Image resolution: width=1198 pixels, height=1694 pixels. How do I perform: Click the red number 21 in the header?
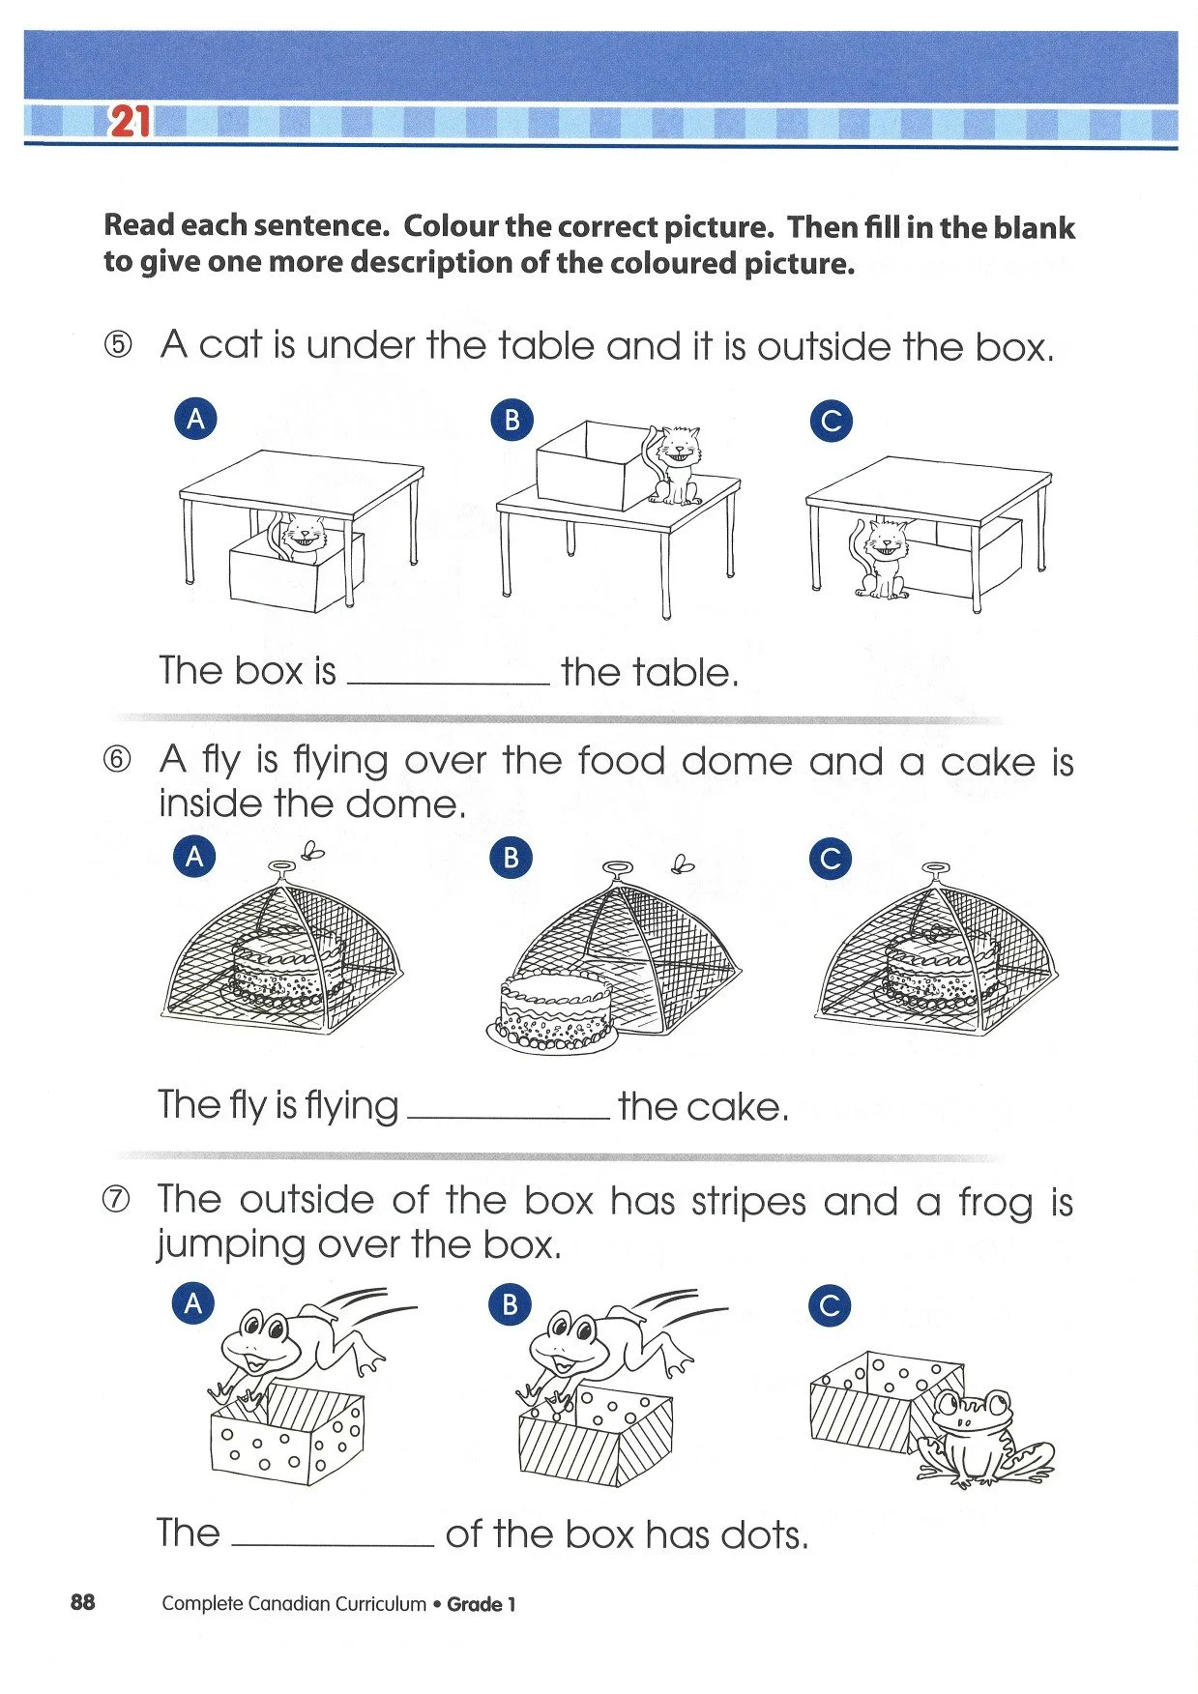click(131, 123)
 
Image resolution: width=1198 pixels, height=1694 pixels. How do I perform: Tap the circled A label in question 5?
click(195, 420)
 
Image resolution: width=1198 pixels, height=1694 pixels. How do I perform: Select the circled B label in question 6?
click(511, 858)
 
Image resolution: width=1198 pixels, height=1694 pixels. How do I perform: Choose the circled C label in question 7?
click(830, 1306)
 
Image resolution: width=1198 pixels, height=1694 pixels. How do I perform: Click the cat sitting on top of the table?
click(676, 464)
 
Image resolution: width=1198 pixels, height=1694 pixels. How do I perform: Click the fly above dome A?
click(313, 851)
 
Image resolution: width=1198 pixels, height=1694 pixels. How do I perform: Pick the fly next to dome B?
click(684, 862)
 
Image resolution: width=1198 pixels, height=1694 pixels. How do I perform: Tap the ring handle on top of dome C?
click(936, 869)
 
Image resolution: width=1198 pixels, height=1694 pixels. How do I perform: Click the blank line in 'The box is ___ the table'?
click(448, 680)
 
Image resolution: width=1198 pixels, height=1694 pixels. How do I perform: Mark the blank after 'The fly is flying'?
click(509, 1115)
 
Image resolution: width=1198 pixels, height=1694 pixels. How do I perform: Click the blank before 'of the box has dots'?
click(334, 1542)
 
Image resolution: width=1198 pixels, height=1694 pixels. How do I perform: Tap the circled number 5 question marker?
click(116, 345)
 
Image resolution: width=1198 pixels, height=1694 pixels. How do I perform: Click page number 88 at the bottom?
click(83, 1602)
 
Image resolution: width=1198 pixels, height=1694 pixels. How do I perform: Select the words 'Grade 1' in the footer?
click(482, 1604)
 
